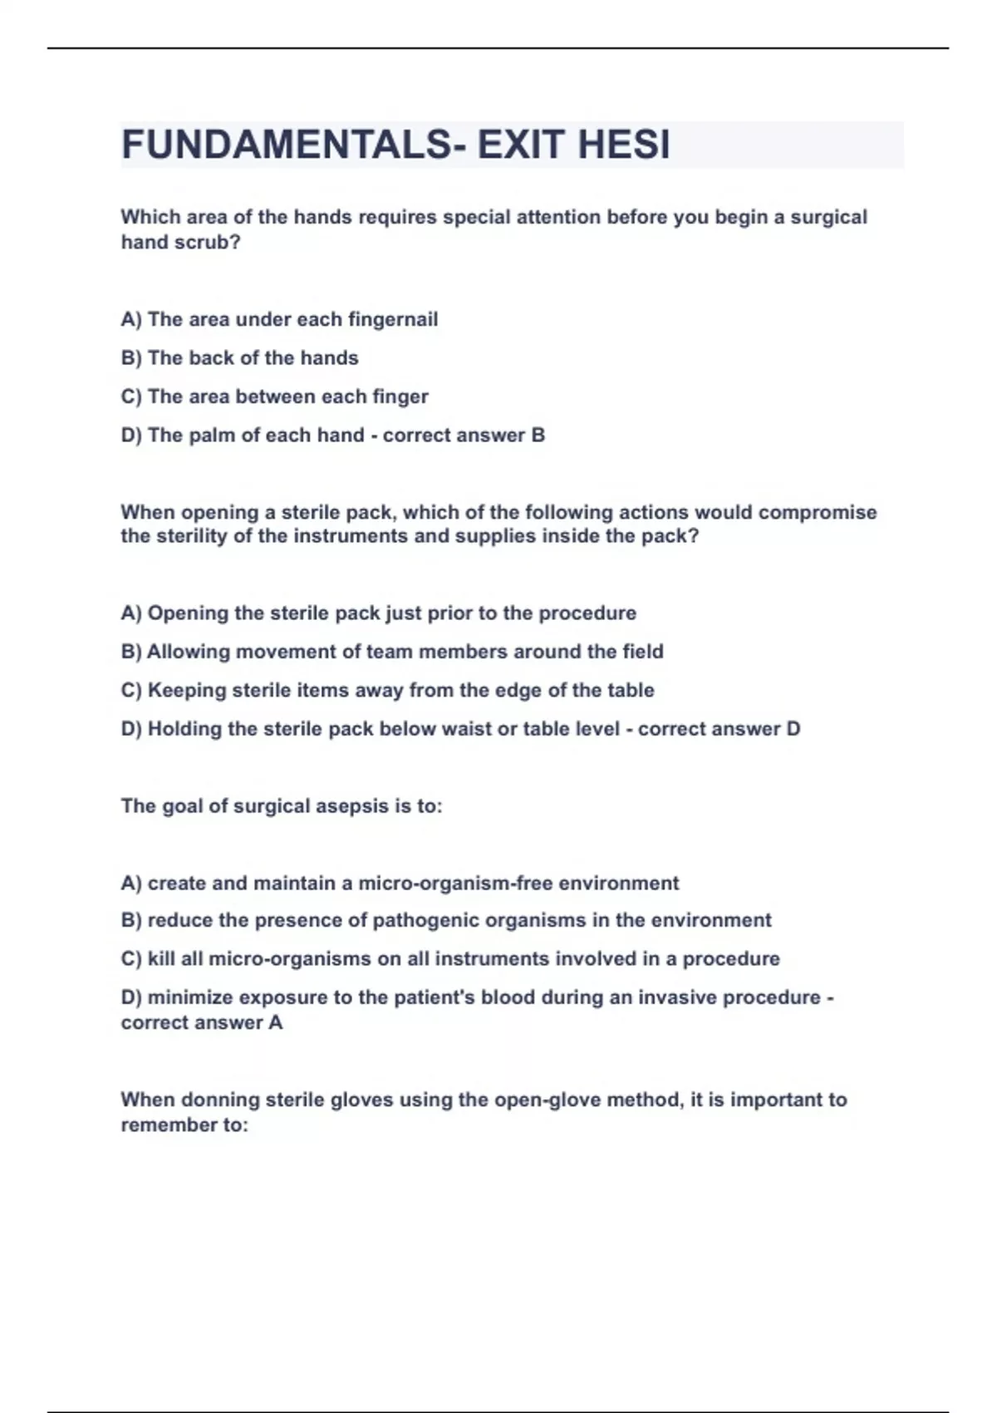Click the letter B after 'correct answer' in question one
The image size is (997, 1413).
pyautogui.click(x=538, y=436)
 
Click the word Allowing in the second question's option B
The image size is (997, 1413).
pyautogui.click(x=189, y=652)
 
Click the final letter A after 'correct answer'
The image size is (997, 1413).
pyautogui.click(x=276, y=1023)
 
